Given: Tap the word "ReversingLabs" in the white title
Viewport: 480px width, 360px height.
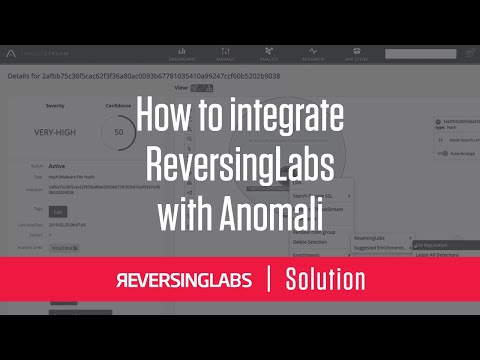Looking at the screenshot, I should pyautogui.click(x=240, y=153).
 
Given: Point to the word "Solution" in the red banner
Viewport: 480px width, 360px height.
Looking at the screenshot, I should pyautogui.click(x=325, y=279).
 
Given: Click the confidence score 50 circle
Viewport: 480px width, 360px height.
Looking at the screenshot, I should pyautogui.click(x=118, y=132).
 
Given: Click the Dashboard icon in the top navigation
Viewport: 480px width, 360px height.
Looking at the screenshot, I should pyautogui.click(x=182, y=53).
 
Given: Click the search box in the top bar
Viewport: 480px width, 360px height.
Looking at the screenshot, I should pyautogui.click(x=420, y=54).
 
